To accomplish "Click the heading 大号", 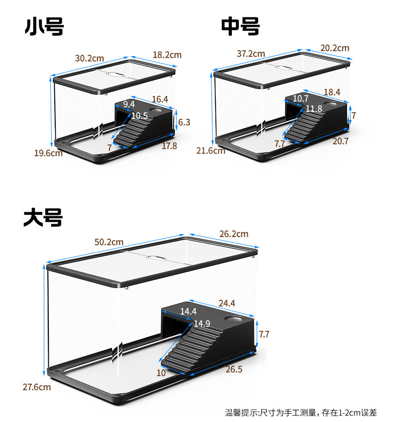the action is [43, 218].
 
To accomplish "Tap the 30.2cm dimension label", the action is [90, 58].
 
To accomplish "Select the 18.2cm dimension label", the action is [167, 55].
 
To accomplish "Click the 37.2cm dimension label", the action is [251, 54].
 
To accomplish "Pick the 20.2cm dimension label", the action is [335, 48].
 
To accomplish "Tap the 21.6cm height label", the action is [210, 150].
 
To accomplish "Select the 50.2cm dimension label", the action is [109, 242].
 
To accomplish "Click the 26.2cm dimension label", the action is [233, 234].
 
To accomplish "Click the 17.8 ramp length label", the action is [169, 146].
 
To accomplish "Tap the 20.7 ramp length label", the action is [340, 141].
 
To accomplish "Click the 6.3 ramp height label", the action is [184, 122].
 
